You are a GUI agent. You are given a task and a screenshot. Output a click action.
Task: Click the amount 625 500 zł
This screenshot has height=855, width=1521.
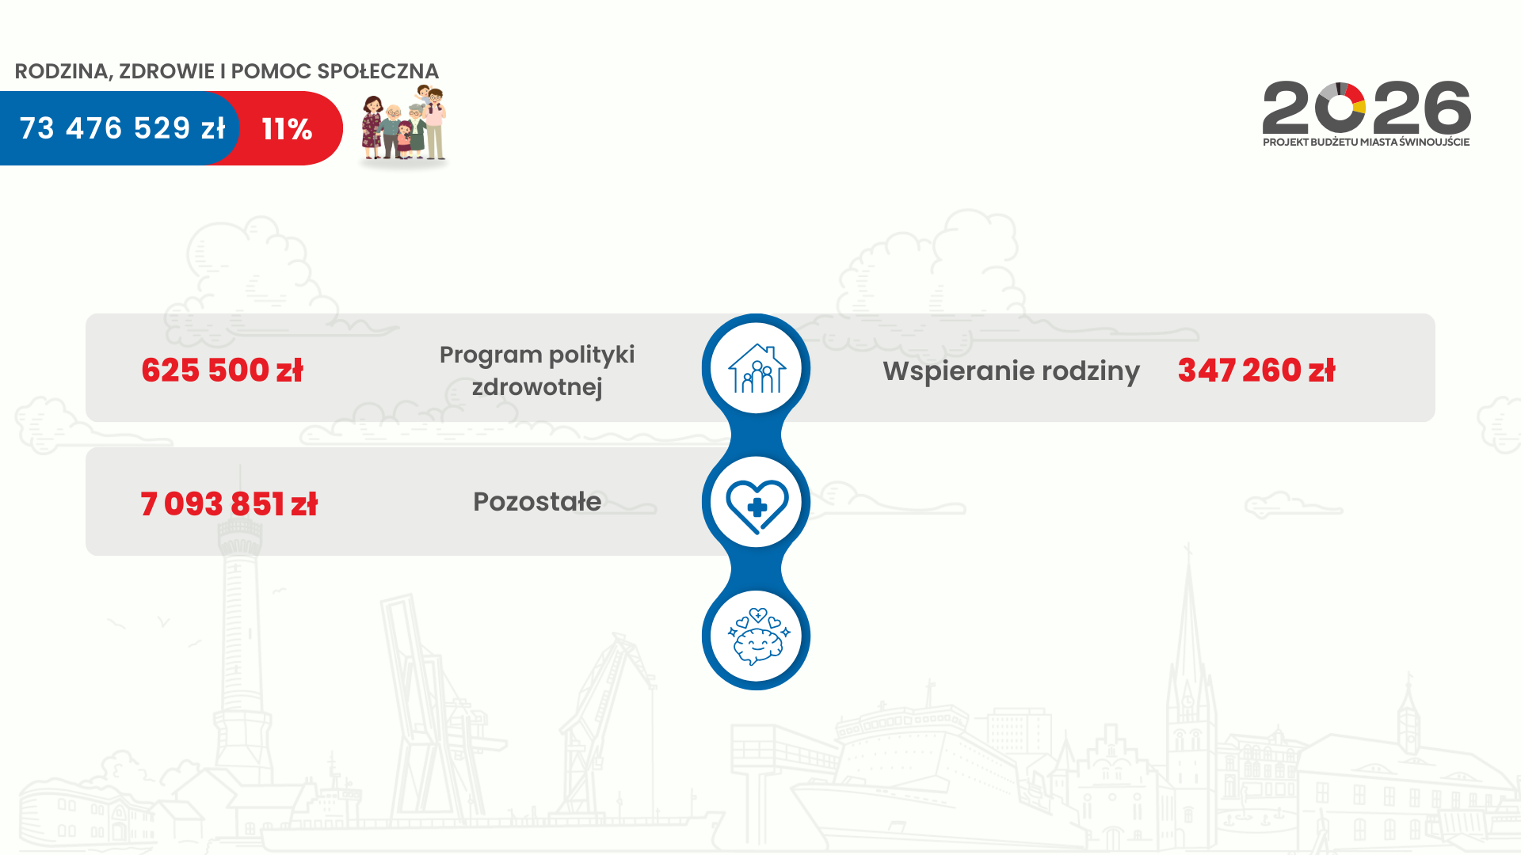click(x=223, y=370)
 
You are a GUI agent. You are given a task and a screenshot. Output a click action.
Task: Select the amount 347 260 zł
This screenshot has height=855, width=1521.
click(x=1256, y=370)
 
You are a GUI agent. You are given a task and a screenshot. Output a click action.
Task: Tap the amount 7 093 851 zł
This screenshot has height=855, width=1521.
click(x=229, y=503)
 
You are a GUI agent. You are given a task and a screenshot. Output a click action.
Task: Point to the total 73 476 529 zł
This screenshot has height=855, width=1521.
click(x=122, y=128)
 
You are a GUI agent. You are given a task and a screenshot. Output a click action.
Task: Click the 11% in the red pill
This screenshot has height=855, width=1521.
click(x=287, y=129)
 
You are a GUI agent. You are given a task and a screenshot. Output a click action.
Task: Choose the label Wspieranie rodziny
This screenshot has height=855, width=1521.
click(x=1011, y=370)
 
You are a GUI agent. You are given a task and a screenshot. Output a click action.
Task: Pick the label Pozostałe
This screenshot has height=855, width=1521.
click(x=537, y=501)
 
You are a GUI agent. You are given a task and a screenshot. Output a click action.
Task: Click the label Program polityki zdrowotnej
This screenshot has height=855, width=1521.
click(x=537, y=370)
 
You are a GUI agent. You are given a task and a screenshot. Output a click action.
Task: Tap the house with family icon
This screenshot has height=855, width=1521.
click(x=757, y=368)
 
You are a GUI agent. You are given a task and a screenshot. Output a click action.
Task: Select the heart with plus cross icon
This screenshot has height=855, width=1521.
click(x=757, y=504)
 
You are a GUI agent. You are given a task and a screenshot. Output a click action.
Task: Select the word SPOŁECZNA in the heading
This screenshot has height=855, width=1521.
click(x=378, y=71)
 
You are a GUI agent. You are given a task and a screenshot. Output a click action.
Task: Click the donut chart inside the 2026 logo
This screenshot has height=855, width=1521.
click(x=1340, y=108)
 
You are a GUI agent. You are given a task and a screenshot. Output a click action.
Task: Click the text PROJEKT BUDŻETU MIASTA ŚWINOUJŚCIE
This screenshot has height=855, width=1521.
click(x=1366, y=142)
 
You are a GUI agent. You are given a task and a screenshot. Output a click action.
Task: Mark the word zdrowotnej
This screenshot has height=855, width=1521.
click(x=537, y=387)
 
